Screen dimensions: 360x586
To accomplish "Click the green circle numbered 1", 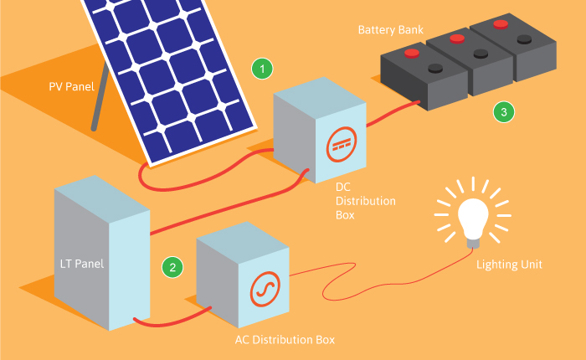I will [263, 69].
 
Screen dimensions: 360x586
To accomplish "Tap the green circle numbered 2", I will [172, 268].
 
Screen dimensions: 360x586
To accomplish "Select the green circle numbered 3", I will [502, 111].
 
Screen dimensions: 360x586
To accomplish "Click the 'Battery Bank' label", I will [391, 30].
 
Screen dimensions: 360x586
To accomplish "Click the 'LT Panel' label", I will [82, 264].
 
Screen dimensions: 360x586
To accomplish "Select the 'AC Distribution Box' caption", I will [285, 340].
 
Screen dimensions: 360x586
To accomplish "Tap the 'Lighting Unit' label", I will [509, 265].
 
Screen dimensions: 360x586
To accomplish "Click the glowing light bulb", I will [472, 218].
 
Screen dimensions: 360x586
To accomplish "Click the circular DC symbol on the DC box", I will [339, 144].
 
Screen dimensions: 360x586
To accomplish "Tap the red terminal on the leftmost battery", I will [412, 54].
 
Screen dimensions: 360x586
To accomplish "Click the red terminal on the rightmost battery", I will [501, 23].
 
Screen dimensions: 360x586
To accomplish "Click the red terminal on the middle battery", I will [457, 38].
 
